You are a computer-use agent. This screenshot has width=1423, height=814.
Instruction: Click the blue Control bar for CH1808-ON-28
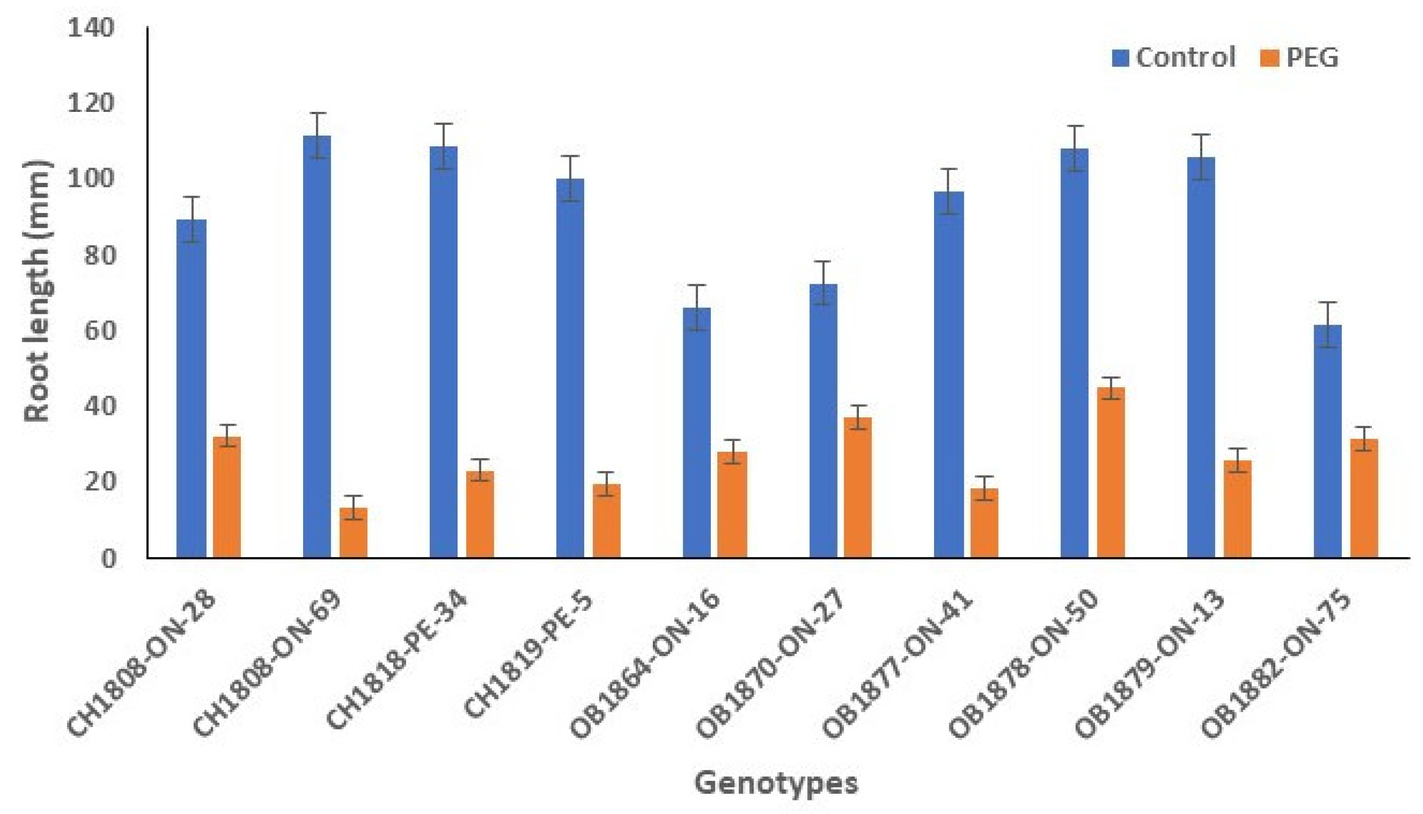pyautogui.click(x=191, y=388)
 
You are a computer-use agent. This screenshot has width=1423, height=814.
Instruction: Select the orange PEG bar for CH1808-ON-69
pyautogui.click(x=353, y=532)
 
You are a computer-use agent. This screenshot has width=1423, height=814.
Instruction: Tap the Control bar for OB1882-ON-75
pyautogui.click(x=1327, y=440)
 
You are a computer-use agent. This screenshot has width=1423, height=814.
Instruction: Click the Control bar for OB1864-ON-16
pyautogui.click(x=697, y=432)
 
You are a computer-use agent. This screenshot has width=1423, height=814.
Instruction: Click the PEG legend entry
pyautogui.click(x=1300, y=57)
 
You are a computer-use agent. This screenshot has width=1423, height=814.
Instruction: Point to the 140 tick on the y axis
pyautogui.click(x=91, y=27)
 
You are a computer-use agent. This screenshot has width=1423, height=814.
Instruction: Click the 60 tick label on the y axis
pyautogui.click(x=99, y=330)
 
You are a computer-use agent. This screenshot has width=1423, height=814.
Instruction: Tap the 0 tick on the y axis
pyautogui.click(x=108, y=558)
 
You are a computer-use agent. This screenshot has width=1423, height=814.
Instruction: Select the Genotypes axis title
pyautogui.click(x=776, y=783)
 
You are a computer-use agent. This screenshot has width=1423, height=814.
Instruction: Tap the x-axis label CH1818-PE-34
pyautogui.click(x=397, y=660)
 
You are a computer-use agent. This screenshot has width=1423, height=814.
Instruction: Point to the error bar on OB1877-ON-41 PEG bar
pyautogui.click(x=984, y=488)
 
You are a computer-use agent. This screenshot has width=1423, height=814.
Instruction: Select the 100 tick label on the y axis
pyautogui.click(x=91, y=178)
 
